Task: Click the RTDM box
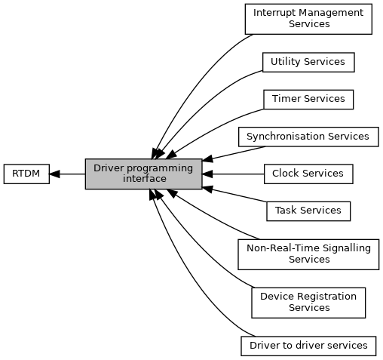tap(26, 174)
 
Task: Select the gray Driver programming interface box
tap(143, 174)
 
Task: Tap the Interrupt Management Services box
tap(308, 19)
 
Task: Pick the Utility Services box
tap(308, 62)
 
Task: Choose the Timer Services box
tap(308, 100)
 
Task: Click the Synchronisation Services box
tap(308, 137)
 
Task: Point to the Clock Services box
tap(308, 174)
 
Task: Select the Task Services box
tap(308, 211)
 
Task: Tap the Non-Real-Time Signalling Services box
tap(308, 254)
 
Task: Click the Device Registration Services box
tap(308, 303)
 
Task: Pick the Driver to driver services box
tap(308, 346)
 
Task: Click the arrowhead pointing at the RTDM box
tap(54, 174)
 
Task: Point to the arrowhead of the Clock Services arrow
tap(207, 174)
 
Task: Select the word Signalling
tap(347, 248)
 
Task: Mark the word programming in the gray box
tap(160, 168)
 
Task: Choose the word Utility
tap(285, 62)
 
